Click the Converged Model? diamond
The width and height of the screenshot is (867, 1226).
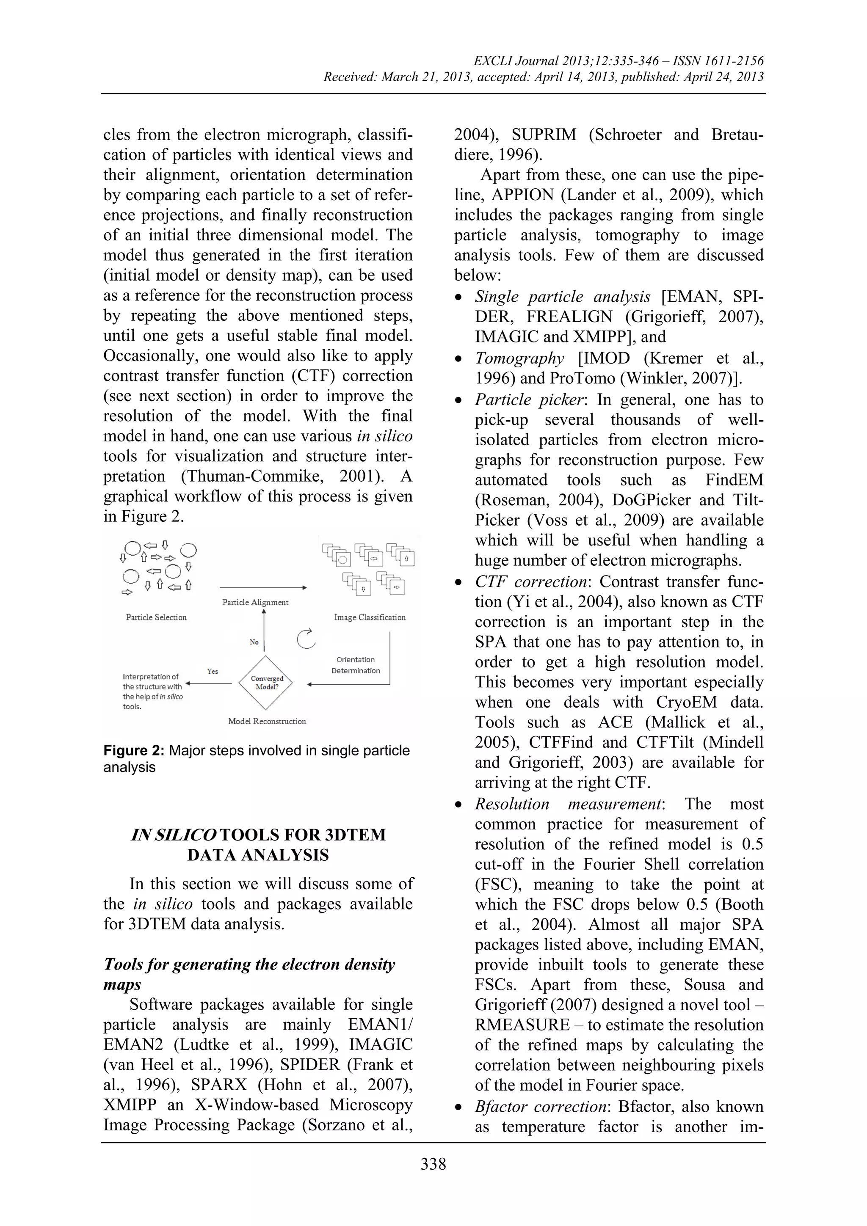[x=266, y=683]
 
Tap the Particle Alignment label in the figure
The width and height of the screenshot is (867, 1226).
[x=255, y=602]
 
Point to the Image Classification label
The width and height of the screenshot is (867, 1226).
[x=370, y=617]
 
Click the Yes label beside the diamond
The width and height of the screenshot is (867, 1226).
[x=212, y=671]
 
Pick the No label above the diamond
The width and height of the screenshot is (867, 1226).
[x=254, y=642]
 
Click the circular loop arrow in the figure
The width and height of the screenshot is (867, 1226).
[x=306, y=639]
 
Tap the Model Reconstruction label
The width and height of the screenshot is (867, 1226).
[x=267, y=722]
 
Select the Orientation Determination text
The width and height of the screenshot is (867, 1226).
[x=356, y=665]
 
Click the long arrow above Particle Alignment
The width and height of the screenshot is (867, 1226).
[x=263, y=588]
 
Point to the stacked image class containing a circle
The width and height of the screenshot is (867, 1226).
[x=337, y=555]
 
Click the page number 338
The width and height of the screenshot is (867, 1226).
[x=433, y=1163]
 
